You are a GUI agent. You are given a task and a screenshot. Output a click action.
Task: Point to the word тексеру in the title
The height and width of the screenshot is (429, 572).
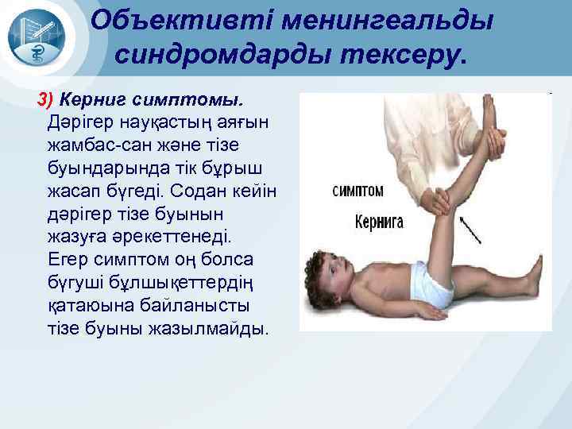[x=404, y=53]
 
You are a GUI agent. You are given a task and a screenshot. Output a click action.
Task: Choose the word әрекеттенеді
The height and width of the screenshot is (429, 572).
[x=176, y=236]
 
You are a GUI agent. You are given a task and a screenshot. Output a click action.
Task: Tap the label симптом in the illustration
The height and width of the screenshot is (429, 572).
[x=357, y=191]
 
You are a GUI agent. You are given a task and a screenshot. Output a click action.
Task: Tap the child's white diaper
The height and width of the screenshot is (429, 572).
[x=431, y=284]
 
